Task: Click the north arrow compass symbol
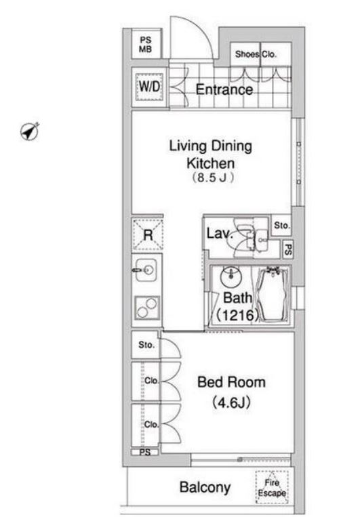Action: click(29, 131)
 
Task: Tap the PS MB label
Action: click(145, 45)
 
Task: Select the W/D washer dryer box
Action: click(150, 87)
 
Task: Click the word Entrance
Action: click(224, 89)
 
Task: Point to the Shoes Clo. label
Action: click(256, 54)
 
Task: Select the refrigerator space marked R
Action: click(148, 234)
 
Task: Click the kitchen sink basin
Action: click(146, 270)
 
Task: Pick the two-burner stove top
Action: click(147, 308)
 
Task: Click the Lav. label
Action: click(220, 234)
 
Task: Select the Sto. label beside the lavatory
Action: click(282, 226)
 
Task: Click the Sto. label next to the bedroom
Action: click(146, 345)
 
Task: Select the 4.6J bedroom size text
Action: click(231, 402)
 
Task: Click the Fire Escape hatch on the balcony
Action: click(272, 487)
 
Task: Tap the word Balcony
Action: click(205, 487)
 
